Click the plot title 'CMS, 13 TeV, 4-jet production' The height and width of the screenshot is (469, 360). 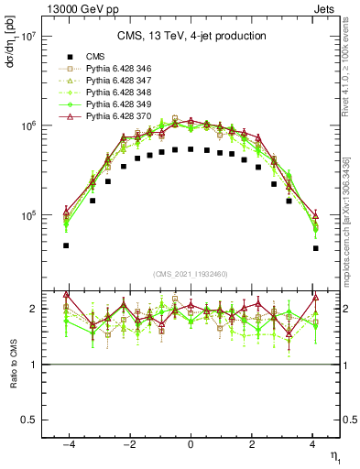[191, 37]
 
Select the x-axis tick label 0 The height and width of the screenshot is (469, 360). [191, 444]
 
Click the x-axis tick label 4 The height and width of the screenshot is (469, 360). [313, 444]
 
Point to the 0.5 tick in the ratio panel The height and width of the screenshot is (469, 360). [27, 420]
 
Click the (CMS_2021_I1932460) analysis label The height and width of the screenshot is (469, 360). [191, 274]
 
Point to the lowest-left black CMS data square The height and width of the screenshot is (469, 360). [66, 245]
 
